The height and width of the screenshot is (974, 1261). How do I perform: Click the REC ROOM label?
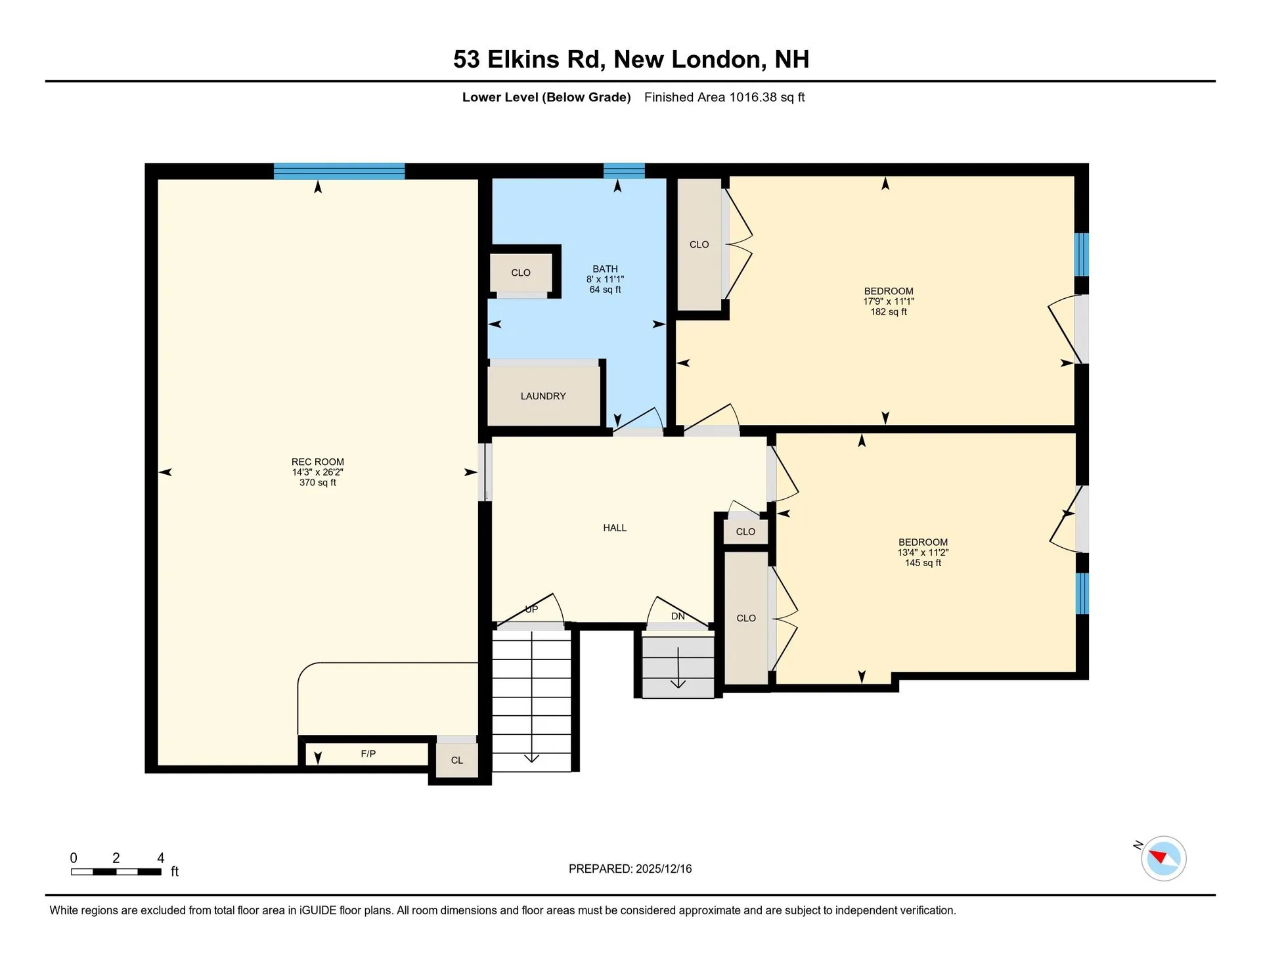317,462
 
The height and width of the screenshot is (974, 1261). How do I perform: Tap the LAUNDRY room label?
542,396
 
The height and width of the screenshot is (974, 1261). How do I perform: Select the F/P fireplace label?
368,754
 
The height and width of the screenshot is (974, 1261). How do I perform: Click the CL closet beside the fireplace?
456,761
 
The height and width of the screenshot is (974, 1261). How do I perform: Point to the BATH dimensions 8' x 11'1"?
605,279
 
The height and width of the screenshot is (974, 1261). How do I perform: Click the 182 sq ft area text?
888,312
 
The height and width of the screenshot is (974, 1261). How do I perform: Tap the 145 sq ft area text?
922,563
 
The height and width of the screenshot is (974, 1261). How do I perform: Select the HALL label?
614,528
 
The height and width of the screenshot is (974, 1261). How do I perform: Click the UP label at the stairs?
531,609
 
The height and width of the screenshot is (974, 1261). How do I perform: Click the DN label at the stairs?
678,616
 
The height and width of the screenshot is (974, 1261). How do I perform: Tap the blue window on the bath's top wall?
624,171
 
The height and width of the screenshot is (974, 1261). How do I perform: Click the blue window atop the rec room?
339,171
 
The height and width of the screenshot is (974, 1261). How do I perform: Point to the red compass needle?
1158,856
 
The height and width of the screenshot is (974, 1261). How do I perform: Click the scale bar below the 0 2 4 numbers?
116,872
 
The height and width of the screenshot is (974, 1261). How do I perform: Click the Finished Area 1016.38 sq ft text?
724,97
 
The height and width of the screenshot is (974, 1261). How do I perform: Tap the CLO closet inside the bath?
520,273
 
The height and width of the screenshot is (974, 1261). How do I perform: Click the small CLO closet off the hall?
745,532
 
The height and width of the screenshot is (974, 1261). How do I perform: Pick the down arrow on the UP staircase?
531,757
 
